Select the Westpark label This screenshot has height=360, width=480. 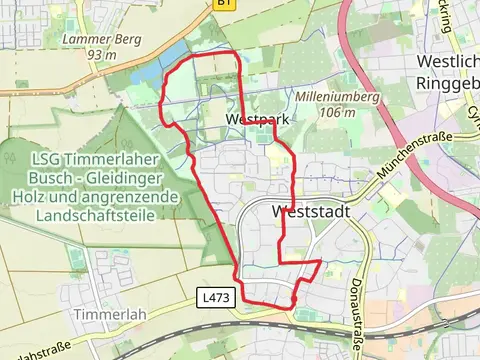250,120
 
